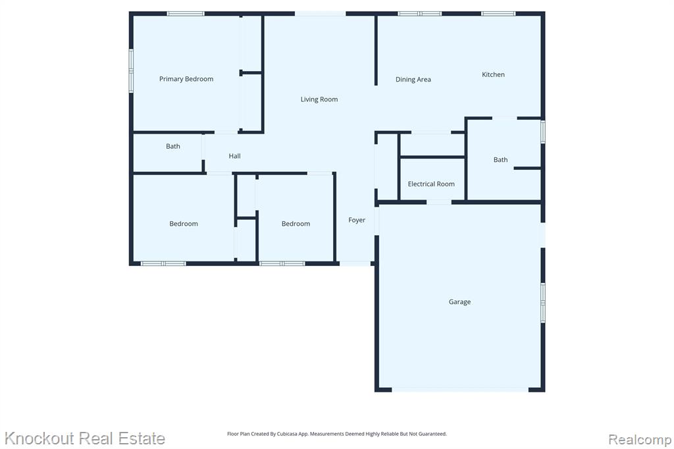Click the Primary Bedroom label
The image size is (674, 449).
coord(186,79)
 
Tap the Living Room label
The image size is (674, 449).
coord(319,99)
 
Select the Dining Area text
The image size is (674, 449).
coord(413,79)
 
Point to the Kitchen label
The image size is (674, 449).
coord(493,74)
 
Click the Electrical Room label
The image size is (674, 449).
coord(431,184)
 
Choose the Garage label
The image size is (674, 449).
coord(459,302)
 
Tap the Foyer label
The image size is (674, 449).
coord(357,220)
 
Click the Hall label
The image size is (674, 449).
coord(234,155)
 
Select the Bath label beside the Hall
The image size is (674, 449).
coord(173,146)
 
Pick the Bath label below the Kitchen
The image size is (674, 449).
coord(500,159)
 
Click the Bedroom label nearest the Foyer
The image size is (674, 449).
coord(296,224)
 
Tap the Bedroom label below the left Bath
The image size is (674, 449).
coord(184,224)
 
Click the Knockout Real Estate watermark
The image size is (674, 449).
coord(85,438)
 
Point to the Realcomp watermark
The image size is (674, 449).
coord(640,440)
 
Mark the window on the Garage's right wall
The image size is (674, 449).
coord(543,303)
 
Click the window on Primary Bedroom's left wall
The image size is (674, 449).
coord(131,70)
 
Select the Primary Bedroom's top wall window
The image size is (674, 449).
coord(186,14)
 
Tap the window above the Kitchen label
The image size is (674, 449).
coord(498,14)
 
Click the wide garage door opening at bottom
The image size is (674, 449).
coord(460,390)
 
